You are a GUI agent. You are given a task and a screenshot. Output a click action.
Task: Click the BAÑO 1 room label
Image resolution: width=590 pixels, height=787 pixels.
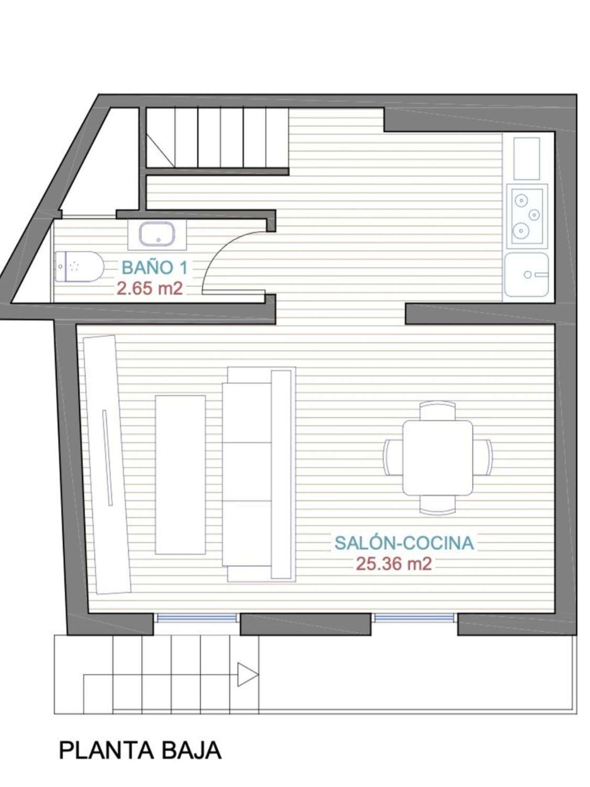tap(154, 268)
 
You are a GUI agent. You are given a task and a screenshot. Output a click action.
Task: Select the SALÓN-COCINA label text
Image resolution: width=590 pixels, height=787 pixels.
tap(404, 543)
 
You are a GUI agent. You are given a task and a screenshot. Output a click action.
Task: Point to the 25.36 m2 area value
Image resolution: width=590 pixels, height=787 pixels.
tap(394, 563)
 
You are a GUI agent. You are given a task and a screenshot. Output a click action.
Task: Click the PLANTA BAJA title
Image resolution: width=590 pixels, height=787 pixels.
tap(140, 750)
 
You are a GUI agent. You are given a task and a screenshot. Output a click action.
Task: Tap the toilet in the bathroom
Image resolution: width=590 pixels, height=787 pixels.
tap(79, 268)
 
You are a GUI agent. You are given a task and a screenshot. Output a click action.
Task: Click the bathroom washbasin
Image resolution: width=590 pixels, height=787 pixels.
tap(157, 234)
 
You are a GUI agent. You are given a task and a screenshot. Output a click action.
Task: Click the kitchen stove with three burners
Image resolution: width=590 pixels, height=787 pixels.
tap(526, 215)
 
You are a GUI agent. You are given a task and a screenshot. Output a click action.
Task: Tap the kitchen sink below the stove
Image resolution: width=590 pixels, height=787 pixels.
tap(526, 274)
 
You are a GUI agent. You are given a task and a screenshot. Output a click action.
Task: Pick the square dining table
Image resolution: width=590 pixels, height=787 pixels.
tap(437, 457)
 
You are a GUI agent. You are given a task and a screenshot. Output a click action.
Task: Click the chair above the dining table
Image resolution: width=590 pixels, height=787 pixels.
tap(437, 410)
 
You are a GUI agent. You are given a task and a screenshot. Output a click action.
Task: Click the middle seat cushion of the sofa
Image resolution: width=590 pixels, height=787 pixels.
tap(246, 471)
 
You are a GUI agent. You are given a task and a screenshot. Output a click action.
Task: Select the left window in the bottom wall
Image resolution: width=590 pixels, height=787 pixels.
tap(197, 618)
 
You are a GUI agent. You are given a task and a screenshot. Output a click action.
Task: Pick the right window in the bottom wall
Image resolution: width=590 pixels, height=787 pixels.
tap(415, 618)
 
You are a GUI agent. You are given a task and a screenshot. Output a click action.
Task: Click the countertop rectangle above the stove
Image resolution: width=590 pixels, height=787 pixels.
tap(526, 158)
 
